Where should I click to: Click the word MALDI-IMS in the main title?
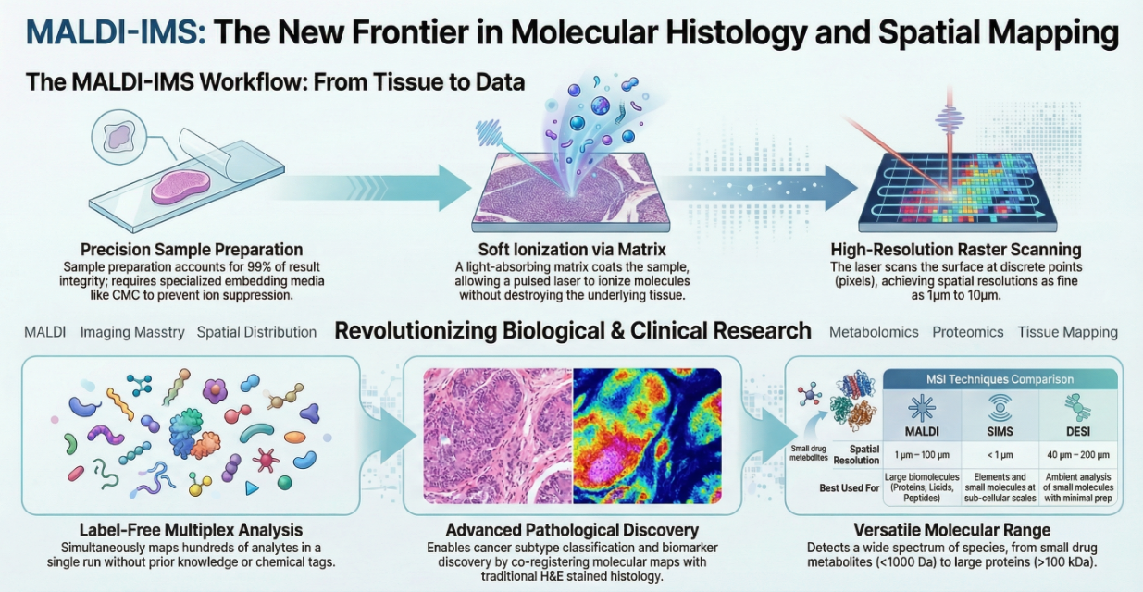pyautogui.click(x=117, y=31)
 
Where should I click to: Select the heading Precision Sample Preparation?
pyautogui.click(x=192, y=250)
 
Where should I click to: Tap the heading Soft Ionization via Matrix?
pyautogui.click(x=572, y=250)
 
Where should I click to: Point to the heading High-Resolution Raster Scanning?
pyautogui.click(x=956, y=250)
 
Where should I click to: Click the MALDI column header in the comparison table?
pyautogui.click(x=922, y=431)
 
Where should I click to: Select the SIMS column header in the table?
pyautogui.click(x=1000, y=431)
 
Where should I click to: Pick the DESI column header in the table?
pyautogui.click(x=1077, y=431)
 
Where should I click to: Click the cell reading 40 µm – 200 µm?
pyautogui.click(x=1077, y=455)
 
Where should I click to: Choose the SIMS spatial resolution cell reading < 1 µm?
pyautogui.click(x=1000, y=455)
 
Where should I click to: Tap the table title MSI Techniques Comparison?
pyautogui.click(x=1000, y=379)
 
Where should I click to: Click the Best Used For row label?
pyautogui.click(x=849, y=488)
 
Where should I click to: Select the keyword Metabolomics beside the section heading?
pyautogui.click(x=874, y=332)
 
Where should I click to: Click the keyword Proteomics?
pyautogui.click(x=968, y=332)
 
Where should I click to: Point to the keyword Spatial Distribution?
pyautogui.click(x=256, y=332)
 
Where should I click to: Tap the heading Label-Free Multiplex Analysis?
pyautogui.click(x=192, y=530)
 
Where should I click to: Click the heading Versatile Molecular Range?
pyautogui.click(x=952, y=530)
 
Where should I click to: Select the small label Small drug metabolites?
pyautogui.click(x=809, y=453)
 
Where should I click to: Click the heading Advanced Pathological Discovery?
pyautogui.click(x=572, y=530)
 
